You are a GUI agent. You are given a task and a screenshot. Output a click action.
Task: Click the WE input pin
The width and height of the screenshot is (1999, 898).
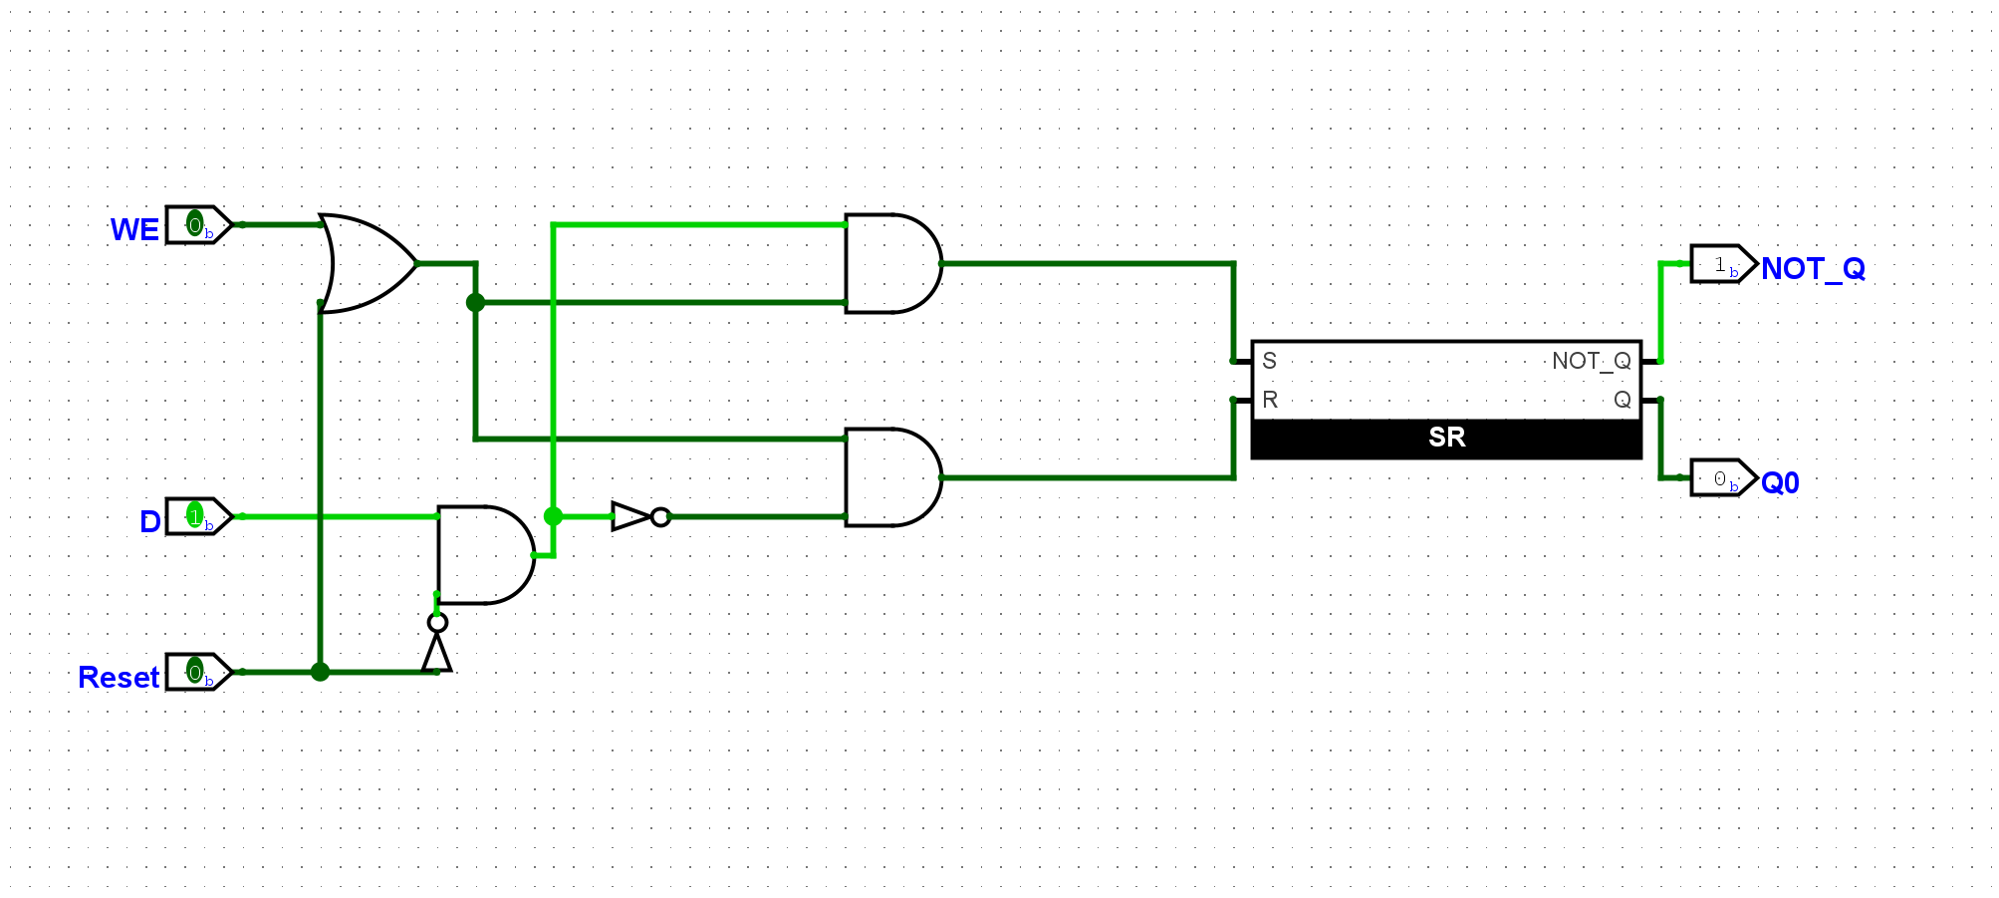198,225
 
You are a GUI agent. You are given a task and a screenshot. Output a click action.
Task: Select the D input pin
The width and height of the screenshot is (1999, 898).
198,516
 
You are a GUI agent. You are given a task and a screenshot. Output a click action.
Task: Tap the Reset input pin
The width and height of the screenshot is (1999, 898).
198,672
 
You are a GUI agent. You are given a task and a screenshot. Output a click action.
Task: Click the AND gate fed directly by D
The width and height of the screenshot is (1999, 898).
484,555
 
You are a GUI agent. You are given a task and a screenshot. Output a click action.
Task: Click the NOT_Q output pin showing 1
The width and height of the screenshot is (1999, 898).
1723,264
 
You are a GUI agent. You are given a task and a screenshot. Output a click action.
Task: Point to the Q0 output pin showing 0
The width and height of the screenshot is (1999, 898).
1723,478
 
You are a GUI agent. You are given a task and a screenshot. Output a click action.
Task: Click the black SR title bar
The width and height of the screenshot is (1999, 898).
1446,439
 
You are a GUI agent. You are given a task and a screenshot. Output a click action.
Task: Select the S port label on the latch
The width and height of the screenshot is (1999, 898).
1270,361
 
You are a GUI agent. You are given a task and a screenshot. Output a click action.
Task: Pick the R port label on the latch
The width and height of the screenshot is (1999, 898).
1270,400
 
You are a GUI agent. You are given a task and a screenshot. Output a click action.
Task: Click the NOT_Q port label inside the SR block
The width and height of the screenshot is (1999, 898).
1591,361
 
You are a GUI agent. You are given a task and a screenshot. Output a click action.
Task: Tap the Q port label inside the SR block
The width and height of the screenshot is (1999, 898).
1622,400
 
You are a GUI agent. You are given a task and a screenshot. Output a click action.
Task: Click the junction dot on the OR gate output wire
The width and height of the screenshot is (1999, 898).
475,302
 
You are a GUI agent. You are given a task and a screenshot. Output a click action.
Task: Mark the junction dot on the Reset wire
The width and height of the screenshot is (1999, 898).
320,672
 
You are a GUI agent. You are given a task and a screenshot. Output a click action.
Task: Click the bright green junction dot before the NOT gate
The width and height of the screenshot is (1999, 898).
553,516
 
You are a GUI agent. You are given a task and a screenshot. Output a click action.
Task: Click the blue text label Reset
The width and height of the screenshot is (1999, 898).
119,678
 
